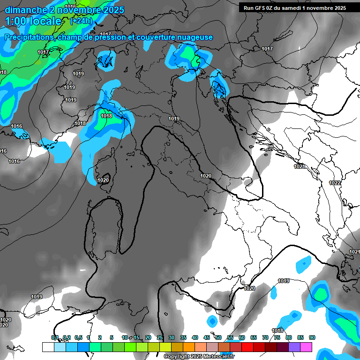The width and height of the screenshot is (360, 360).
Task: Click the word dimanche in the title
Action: pos(25,10)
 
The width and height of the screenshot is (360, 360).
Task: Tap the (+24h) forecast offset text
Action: pos(81,21)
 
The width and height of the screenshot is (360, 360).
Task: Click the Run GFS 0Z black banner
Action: pos(295,7)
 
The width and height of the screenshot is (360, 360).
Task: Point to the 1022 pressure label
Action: pos(335,183)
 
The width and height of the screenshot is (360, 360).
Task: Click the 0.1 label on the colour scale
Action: pos(55,337)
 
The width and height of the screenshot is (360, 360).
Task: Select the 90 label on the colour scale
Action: pos(312,337)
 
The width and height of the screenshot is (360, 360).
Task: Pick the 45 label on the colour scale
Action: pos(207,337)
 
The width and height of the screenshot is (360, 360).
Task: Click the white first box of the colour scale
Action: pos(48,347)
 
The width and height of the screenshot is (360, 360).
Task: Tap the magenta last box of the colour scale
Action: pos(306,347)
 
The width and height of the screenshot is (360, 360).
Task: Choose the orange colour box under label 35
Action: pos(188,347)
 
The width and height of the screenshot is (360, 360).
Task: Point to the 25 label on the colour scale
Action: pos(160,337)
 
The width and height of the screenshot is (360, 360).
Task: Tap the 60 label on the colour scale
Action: pos(242,337)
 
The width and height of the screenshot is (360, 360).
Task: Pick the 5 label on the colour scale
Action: pos(112,337)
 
